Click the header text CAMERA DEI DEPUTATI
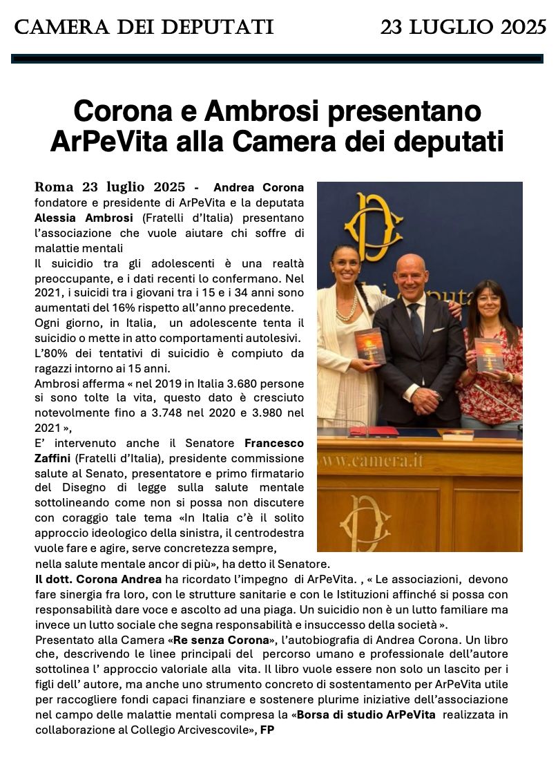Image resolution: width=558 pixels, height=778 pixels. point(144,28)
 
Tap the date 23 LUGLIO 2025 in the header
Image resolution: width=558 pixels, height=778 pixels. point(463,28)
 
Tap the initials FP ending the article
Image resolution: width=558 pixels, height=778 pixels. point(267,729)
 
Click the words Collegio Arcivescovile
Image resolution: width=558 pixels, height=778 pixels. point(195,729)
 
